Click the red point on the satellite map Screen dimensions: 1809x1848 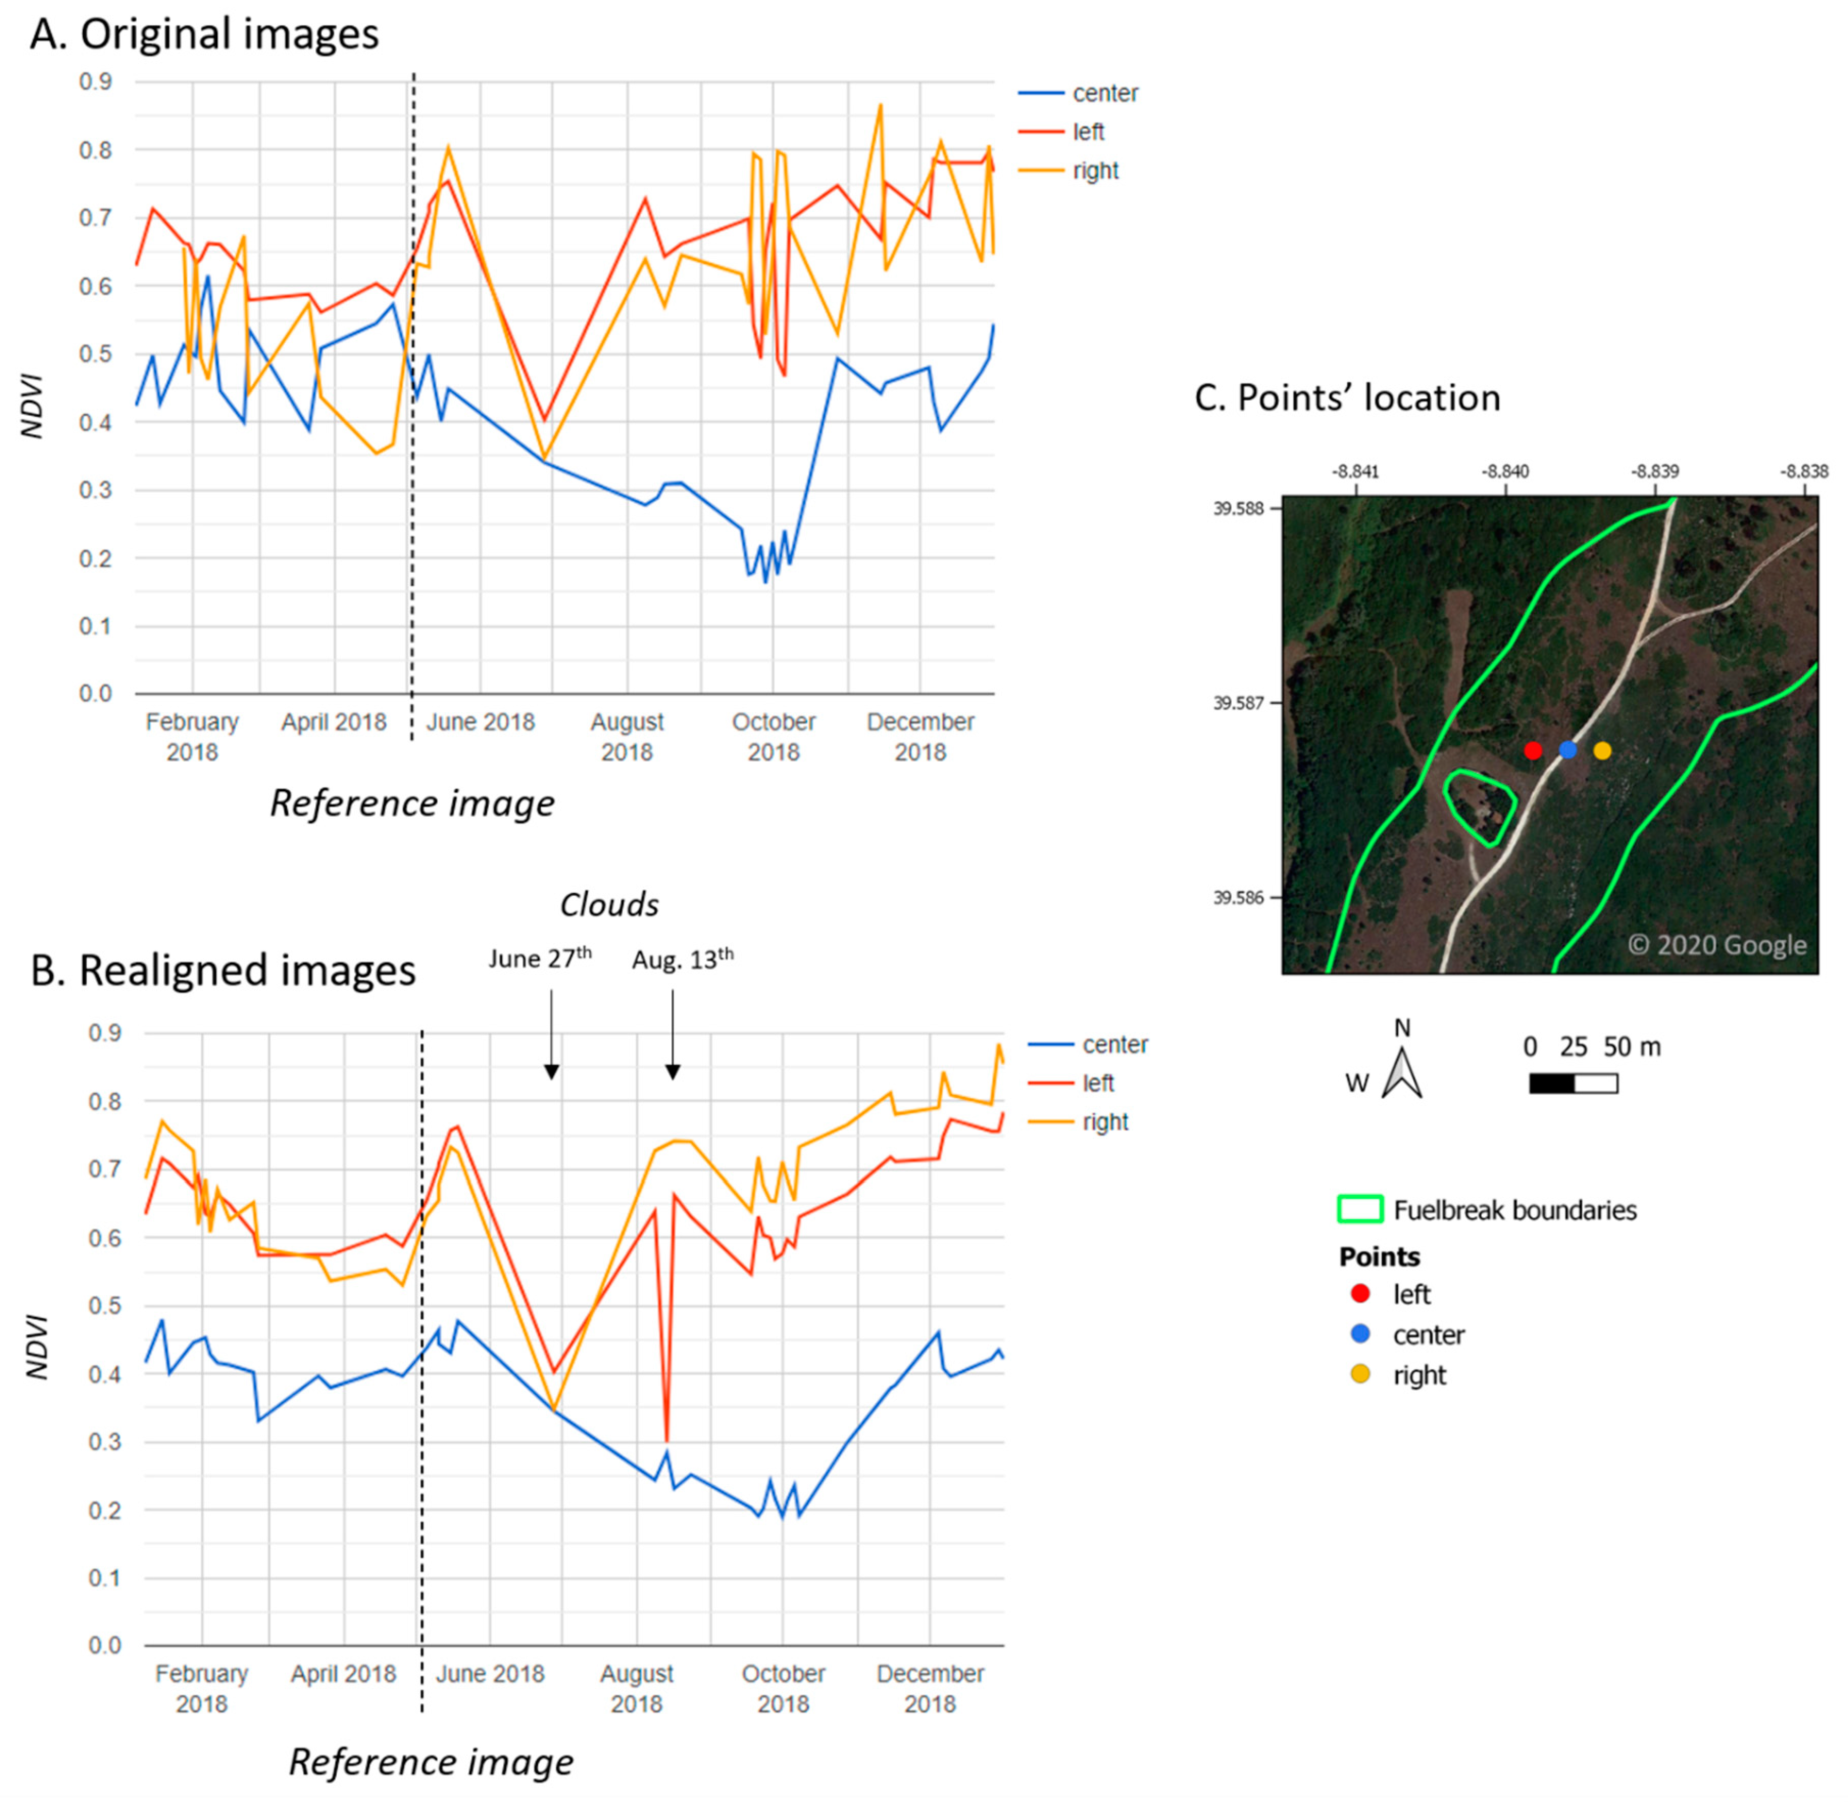(x=1533, y=750)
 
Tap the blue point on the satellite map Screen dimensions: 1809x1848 (x=1568, y=749)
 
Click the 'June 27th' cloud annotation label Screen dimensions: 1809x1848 (x=540, y=958)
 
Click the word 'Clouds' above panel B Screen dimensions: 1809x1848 (x=609, y=904)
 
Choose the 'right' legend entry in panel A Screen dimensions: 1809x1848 (x=1094, y=171)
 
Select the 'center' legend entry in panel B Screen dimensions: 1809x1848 (x=1114, y=1044)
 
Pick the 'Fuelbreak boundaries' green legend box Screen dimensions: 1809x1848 (x=1360, y=1210)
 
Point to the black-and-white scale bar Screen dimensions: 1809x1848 (x=1574, y=1083)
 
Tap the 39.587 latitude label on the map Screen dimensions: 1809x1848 (x=1239, y=703)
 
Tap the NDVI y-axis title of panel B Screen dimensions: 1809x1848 (x=36, y=1345)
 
